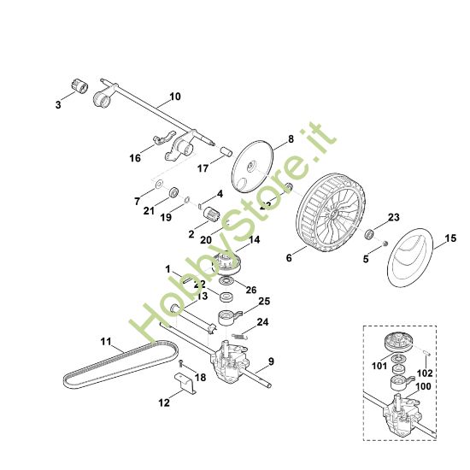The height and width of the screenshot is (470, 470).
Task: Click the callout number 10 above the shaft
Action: [x=175, y=97]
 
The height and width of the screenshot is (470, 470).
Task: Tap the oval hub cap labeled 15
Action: [x=417, y=261]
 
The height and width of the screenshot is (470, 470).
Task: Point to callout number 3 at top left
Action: [x=58, y=105]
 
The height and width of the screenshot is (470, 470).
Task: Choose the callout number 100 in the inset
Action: [x=425, y=385]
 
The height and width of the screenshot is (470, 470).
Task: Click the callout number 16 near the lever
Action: [x=136, y=158]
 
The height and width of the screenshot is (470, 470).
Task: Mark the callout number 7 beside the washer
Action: [x=137, y=202]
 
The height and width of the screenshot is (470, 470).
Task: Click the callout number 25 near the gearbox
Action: [x=264, y=301]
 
